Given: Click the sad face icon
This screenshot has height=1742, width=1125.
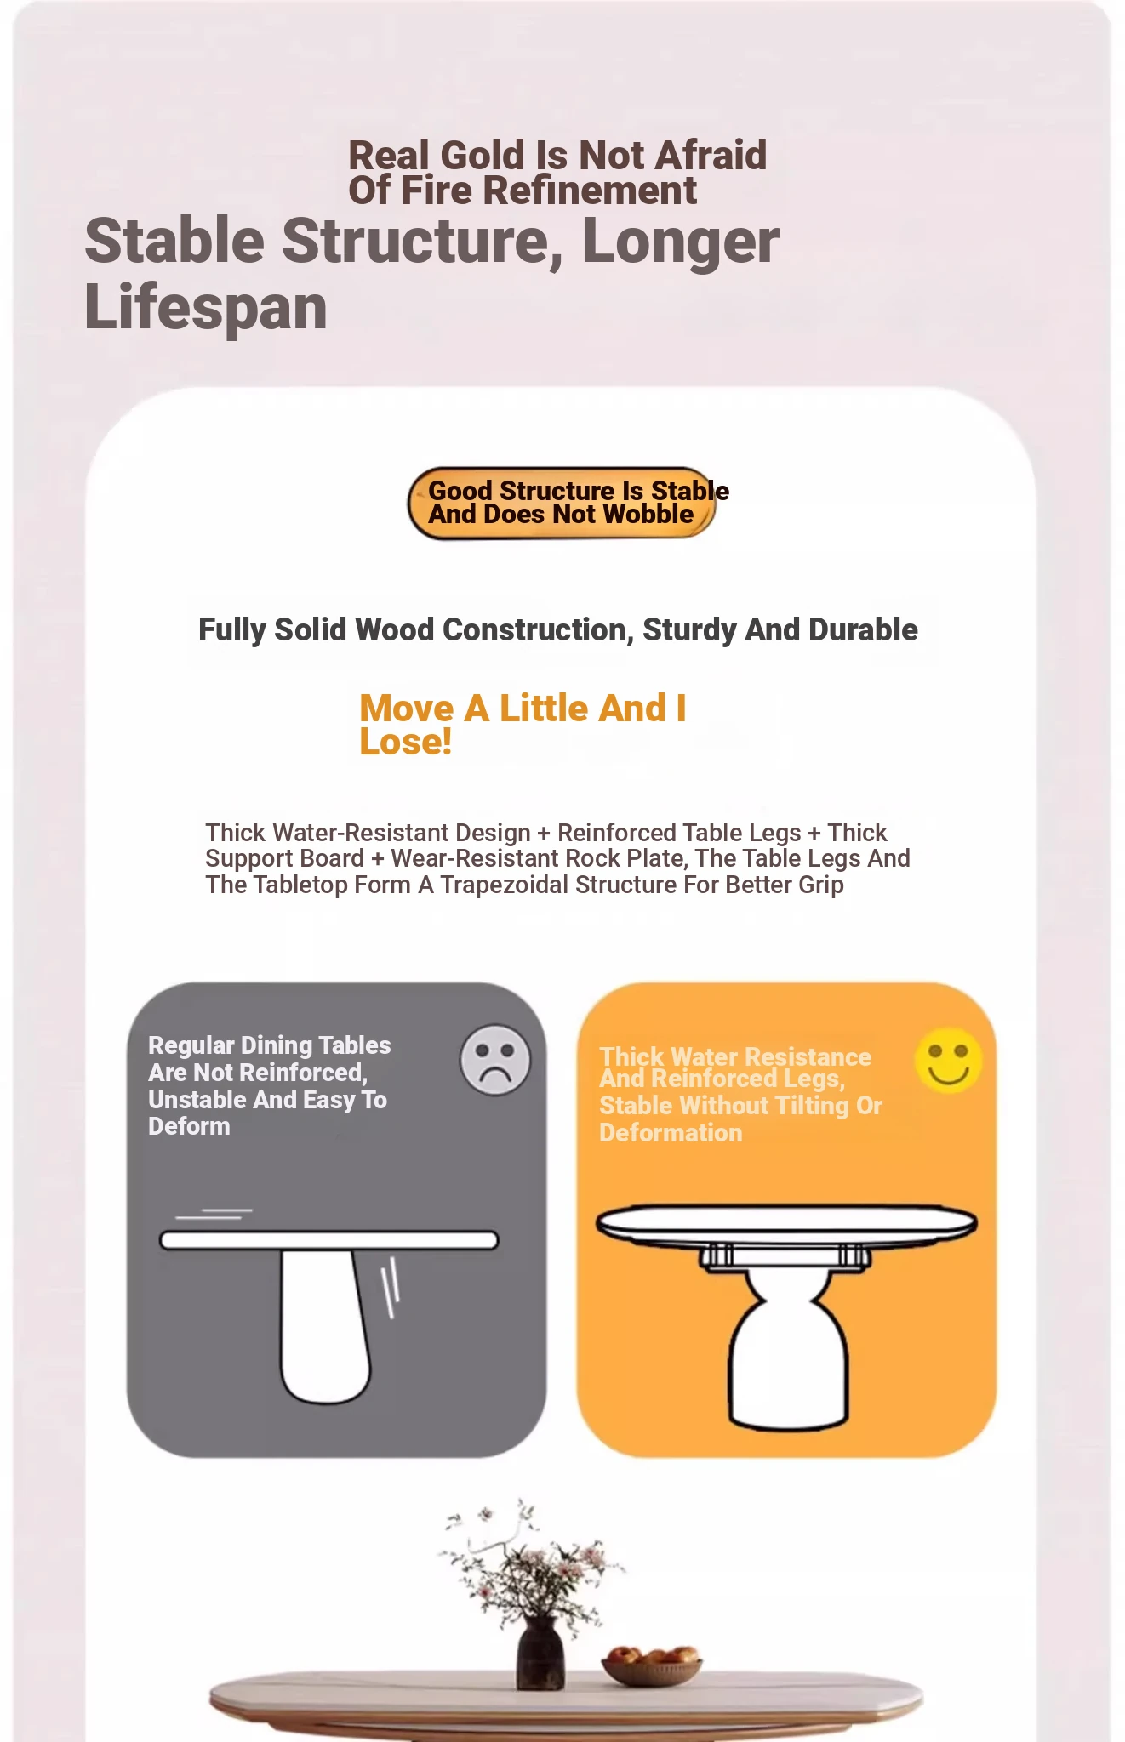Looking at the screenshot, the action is pyautogui.click(x=495, y=1059).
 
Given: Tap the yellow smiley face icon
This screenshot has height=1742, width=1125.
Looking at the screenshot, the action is pyautogui.click(x=948, y=1061).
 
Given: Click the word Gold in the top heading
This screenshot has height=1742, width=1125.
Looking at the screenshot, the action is pyautogui.click(x=483, y=156).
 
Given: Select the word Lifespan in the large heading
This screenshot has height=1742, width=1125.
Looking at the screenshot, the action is pyautogui.click(x=206, y=309).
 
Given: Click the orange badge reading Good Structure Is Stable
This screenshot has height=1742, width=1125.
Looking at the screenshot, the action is pyautogui.click(x=562, y=503).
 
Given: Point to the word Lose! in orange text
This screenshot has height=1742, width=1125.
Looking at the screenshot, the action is pyautogui.click(x=405, y=742).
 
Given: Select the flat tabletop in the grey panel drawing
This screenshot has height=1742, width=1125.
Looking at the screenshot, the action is pyautogui.click(x=329, y=1240).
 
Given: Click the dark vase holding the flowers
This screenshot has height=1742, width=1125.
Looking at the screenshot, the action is pyautogui.click(x=540, y=1651).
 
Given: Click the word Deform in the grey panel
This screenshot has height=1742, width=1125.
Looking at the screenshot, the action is pyautogui.click(x=189, y=1127).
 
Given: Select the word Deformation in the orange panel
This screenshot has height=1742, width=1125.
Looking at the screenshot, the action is pyautogui.click(x=671, y=1133).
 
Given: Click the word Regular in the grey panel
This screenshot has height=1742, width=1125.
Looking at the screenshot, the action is pyautogui.click(x=191, y=1046).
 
